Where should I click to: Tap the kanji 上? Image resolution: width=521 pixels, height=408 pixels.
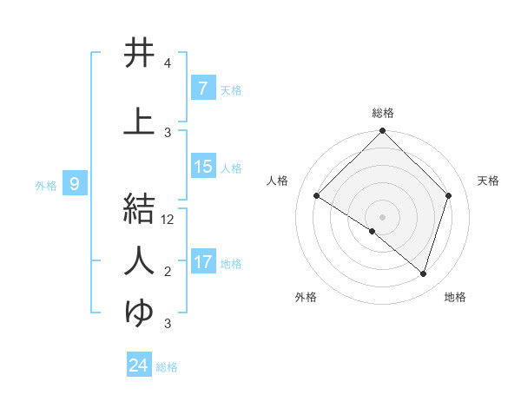click(139, 121)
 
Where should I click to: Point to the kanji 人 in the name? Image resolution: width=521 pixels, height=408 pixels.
click(139, 260)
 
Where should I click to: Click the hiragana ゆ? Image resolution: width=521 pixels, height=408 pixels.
click(139, 312)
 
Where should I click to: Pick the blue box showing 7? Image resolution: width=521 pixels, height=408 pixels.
click(202, 88)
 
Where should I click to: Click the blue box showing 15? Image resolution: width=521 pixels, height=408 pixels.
click(202, 167)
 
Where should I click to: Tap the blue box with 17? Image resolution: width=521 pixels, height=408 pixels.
click(202, 262)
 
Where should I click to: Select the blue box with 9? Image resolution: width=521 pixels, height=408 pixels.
click(76, 184)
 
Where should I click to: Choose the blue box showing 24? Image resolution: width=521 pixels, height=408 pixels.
click(139, 365)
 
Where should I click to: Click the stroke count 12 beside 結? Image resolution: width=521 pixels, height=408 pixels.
click(168, 220)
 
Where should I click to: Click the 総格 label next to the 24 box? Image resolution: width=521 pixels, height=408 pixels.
click(167, 367)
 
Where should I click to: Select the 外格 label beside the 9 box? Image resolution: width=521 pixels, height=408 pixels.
click(45, 185)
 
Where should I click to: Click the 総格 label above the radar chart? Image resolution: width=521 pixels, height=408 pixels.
click(382, 114)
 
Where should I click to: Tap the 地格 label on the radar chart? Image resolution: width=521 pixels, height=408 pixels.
click(455, 298)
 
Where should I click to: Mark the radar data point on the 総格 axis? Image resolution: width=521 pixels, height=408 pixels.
click(382, 132)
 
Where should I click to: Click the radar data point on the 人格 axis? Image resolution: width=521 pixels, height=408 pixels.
click(316, 196)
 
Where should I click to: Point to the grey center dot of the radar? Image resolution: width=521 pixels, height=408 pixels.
click(382, 216)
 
